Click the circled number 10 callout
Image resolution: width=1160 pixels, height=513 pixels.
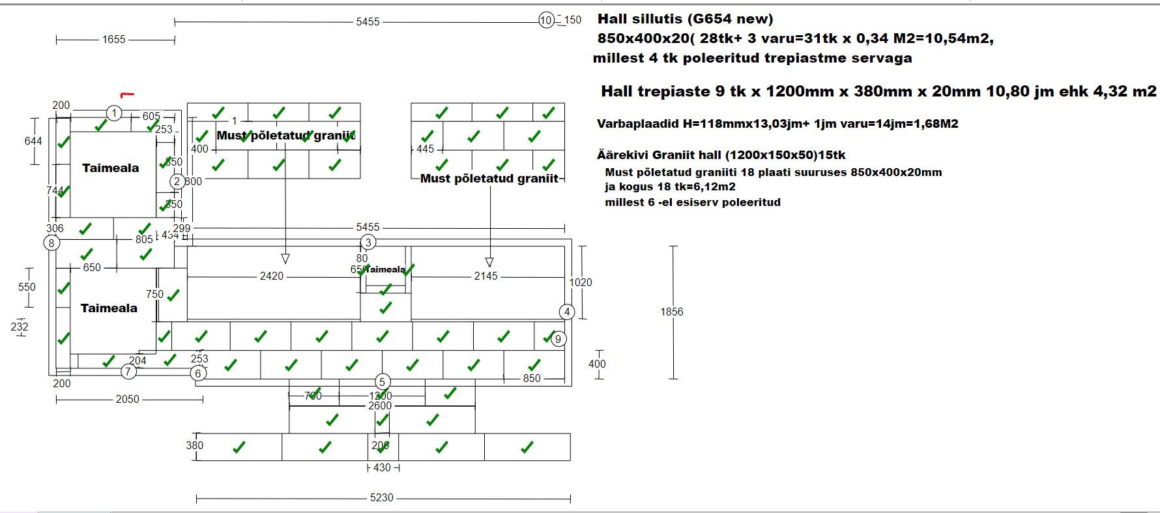546,20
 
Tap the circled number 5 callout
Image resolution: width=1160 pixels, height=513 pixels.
383,382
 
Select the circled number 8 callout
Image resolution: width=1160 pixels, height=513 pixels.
51,243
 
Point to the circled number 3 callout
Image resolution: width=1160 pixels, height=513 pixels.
368,242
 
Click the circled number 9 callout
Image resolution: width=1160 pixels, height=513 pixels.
558,339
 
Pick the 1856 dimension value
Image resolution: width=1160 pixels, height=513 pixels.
672,312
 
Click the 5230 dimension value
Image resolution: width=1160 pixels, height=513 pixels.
382,498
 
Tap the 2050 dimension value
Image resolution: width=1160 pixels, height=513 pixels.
128,399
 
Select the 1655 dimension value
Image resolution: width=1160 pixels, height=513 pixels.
113,40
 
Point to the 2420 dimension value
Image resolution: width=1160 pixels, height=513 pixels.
272,276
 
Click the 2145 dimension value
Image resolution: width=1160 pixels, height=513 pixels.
486,276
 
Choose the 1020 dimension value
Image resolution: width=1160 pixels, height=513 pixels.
581,282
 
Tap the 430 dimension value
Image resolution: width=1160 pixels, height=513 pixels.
382,467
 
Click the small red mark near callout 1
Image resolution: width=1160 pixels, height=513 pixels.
127,95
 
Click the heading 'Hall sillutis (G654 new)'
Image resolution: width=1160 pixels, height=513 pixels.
685,19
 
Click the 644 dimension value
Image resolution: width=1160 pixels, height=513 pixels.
33,141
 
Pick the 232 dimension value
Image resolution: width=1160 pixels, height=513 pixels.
20,327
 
